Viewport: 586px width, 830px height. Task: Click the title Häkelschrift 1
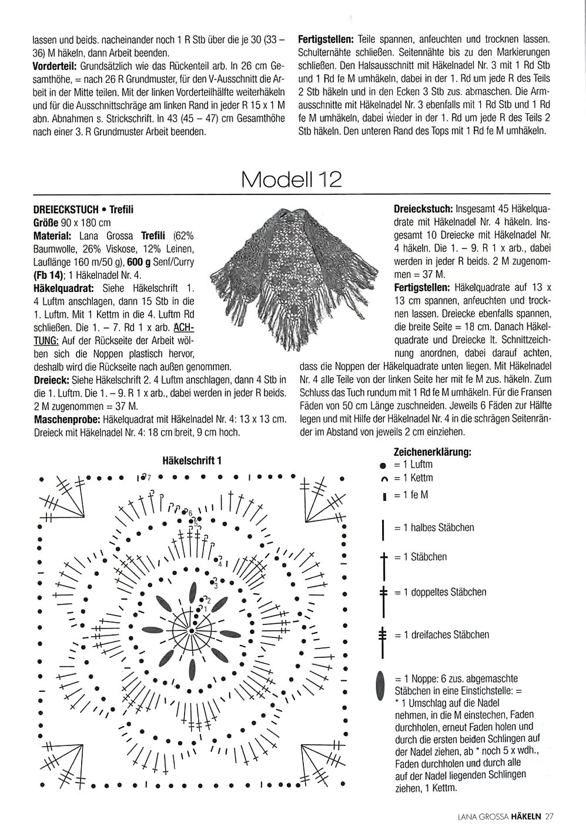tap(192, 461)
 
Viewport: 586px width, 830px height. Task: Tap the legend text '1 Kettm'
tap(417, 479)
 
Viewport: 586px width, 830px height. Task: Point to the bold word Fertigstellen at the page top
tap(326, 40)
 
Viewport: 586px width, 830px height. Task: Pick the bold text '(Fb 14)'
tap(50, 274)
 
